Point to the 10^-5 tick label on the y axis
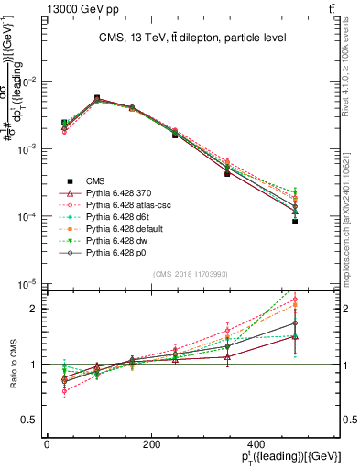pyautogui.click(x=24, y=284)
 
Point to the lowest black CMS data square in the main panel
pyautogui.click(x=295, y=222)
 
